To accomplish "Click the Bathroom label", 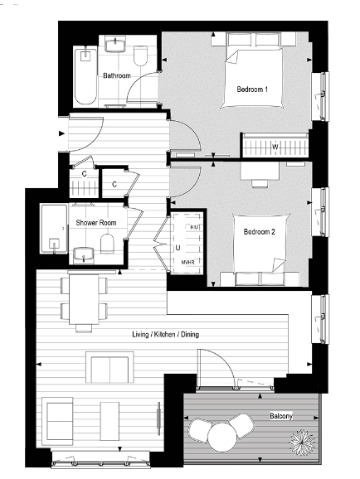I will point(116,76).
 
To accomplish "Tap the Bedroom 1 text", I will point(251,89).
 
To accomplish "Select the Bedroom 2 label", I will point(258,233).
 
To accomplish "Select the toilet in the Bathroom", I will point(140,56).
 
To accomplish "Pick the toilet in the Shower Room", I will point(106,243).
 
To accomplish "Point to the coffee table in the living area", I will point(110,367).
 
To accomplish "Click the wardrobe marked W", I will point(275,147).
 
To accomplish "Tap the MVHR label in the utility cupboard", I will point(188,262).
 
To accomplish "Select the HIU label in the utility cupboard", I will point(194,226).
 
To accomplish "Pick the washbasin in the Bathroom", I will point(114,45).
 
